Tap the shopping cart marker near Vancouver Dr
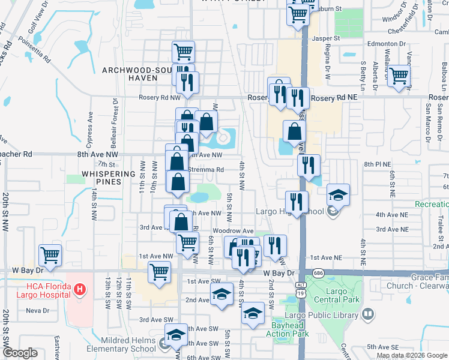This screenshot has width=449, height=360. pos(398,77)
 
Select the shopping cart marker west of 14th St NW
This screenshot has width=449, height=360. pos(50,255)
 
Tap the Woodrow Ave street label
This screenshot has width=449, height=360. pos(233,231)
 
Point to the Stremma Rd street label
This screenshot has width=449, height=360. pos(205,170)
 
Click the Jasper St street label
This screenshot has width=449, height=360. pos(328,38)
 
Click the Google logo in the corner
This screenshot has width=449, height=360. pos(20,353)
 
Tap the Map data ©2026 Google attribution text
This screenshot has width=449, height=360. pos(412,355)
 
